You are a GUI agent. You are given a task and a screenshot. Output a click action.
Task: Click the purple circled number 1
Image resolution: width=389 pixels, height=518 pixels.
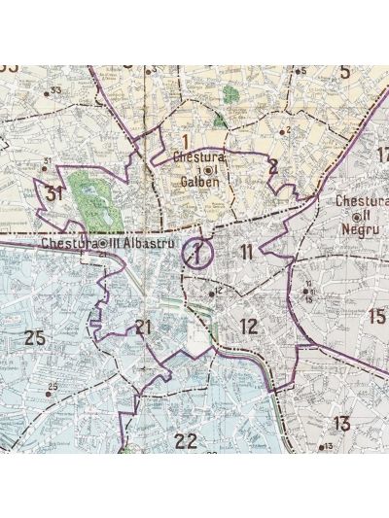coord(197,255)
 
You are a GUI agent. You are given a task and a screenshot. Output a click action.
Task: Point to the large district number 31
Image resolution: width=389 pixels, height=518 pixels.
coord(54,193)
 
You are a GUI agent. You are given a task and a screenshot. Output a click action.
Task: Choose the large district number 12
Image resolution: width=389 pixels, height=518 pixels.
coord(249,327)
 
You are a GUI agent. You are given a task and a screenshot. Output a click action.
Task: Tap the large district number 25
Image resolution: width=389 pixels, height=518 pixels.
coord(35,338)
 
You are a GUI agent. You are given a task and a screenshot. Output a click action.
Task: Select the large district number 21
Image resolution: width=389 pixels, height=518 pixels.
coord(144,327)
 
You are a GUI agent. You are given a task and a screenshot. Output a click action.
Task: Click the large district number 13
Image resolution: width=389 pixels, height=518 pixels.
coord(340,423)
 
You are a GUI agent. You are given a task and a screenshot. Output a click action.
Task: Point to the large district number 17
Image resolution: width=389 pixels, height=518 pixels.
coord(381,154)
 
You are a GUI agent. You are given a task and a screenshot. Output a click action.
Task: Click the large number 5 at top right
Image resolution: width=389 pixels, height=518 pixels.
coord(344,71)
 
